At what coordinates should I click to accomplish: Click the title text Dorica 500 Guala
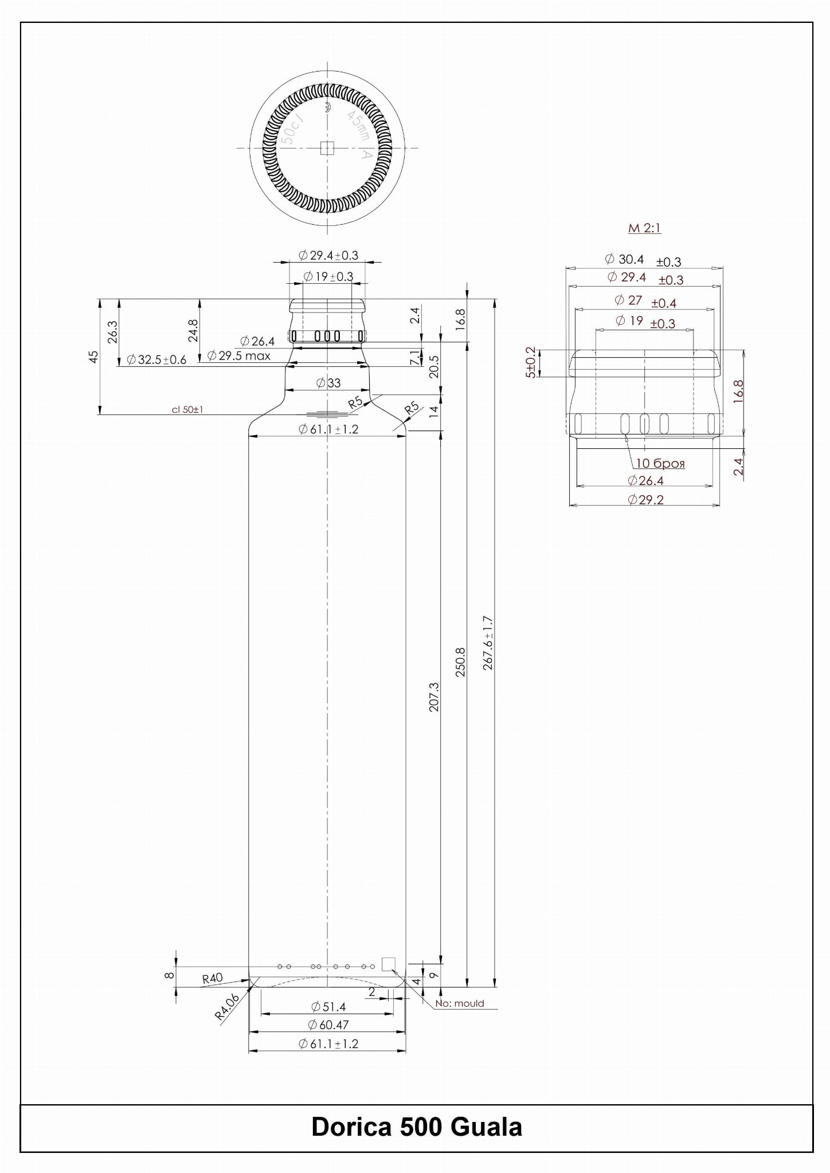point(417,1127)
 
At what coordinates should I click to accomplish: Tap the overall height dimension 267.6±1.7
point(488,643)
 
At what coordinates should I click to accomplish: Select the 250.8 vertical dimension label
point(460,662)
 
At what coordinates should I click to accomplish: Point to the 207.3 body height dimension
point(434,697)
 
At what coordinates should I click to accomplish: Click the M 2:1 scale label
point(644,228)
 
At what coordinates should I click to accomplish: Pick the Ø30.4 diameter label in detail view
point(624,259)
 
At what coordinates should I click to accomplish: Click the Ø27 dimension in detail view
point(628,300)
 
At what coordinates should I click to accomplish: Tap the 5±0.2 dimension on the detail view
point(530,362)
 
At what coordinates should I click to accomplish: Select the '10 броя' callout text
point(660,463)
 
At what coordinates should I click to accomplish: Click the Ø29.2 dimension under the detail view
point(645,499)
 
